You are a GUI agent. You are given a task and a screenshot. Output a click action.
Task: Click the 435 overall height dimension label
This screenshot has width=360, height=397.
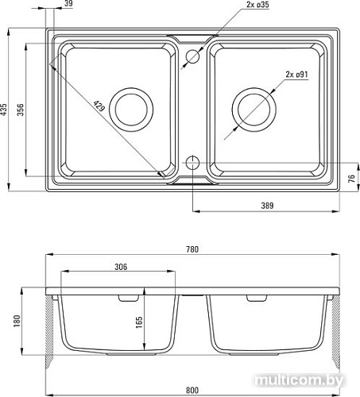(3, 110)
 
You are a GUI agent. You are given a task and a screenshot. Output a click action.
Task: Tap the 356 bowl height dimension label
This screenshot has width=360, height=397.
(21, 110)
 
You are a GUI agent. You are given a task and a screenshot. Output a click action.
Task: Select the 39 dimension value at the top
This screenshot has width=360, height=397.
(68, 3)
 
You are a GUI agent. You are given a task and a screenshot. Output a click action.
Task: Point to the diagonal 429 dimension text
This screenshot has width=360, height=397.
(99, 106)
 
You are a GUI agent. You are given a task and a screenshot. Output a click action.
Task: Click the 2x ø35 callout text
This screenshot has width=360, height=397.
(257, 5)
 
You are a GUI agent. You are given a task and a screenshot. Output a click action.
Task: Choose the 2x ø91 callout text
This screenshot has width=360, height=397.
(296, 75)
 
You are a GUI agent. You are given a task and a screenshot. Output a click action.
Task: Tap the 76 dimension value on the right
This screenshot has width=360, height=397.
(351, 179)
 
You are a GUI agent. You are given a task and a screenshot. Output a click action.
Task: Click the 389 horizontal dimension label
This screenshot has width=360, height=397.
(267, 206)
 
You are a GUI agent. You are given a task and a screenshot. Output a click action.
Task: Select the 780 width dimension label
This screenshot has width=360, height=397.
(192, 249)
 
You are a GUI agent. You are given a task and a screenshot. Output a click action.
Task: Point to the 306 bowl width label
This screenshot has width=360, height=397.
(121, 267)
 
